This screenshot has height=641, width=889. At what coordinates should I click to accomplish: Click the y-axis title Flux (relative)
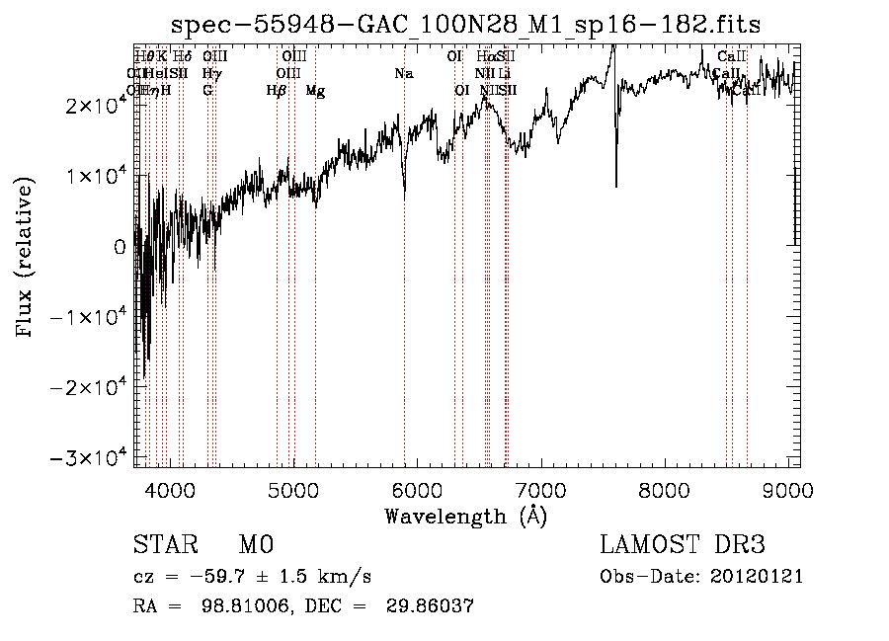pos(25,257)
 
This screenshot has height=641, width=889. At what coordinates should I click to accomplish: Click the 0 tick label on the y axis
pos(120,247)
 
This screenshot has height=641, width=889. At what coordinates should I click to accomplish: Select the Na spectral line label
pos(403,73)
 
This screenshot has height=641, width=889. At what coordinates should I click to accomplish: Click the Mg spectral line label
pos(315,91)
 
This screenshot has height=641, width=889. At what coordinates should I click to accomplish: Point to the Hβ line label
pos(277,91)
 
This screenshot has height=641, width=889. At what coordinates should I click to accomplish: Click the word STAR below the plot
pos(163,545)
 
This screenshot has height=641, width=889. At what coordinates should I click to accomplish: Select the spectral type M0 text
pos(255,545)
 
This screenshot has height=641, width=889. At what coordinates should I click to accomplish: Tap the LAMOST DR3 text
pos(683,545)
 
